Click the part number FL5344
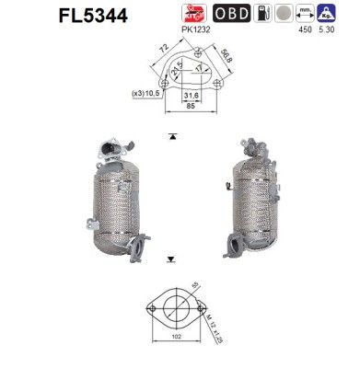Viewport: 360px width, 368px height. click(41, 15)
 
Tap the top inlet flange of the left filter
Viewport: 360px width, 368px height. click(114, 148)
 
